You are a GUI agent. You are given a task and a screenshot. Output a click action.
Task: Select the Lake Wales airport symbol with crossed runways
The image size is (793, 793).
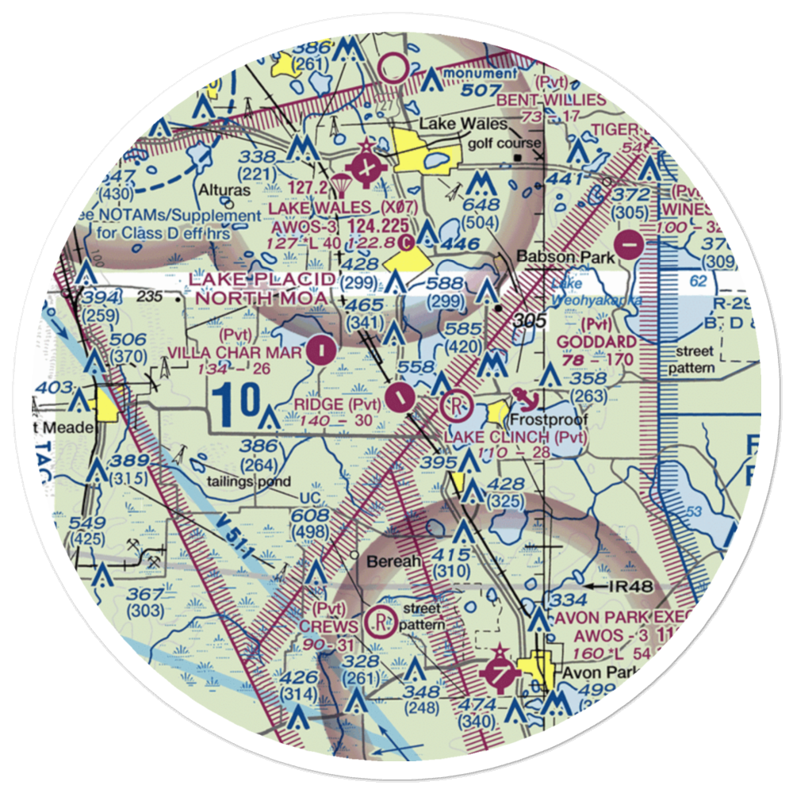366,168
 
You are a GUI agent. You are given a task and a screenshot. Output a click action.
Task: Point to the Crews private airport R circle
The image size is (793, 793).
382,621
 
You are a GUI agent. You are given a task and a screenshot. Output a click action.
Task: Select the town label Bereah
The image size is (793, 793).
390,561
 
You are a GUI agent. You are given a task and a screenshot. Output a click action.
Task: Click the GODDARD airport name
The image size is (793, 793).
596,342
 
